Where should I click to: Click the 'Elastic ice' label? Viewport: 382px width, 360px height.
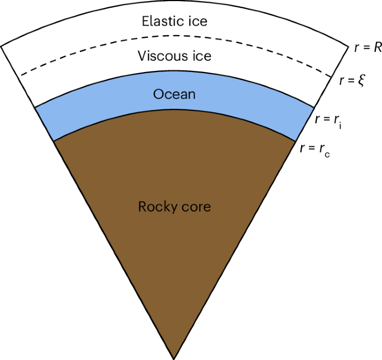click(x=175, y=22)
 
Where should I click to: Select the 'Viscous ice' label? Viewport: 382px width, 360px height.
click(x=175, y=56)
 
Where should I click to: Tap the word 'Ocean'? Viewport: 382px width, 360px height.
click(x=175, y=94)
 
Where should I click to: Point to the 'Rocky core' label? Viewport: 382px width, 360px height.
click(x=175, y=207)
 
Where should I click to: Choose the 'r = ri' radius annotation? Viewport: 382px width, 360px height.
click(x=328, y=120)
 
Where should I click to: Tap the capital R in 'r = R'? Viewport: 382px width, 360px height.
click(x=377, y=47)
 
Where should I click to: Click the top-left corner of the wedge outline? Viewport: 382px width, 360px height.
click(x=2, y=46)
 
